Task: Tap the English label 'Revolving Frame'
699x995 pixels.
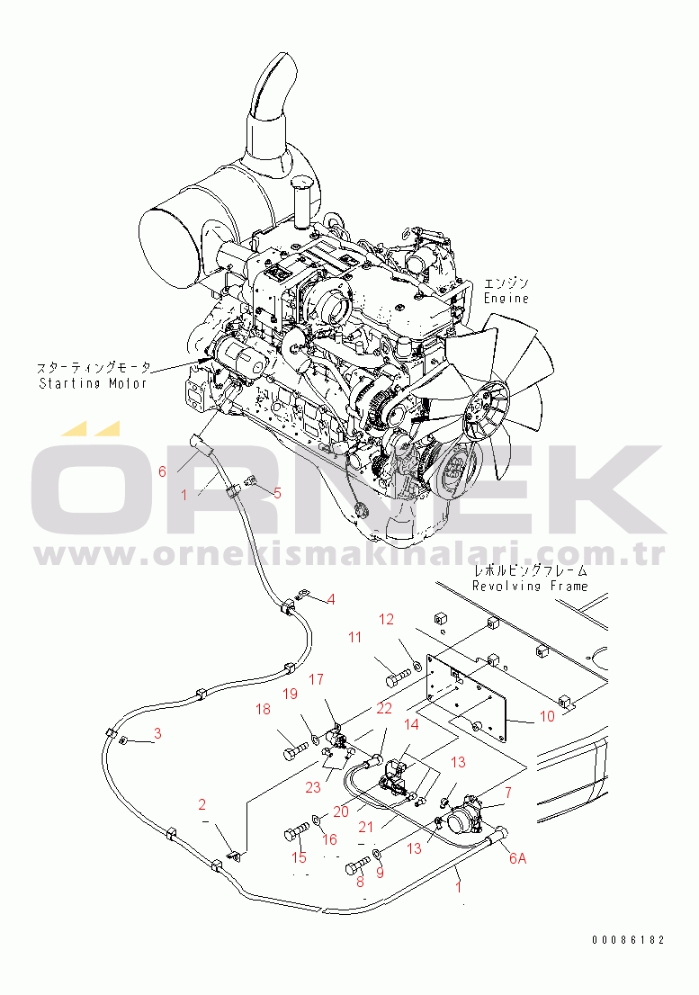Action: (530, 586)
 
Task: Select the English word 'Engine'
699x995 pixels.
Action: (506, 298)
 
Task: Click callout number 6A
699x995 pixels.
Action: (518, 857)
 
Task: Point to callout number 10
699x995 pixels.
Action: (547, 716)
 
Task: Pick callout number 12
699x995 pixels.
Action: (386, 619)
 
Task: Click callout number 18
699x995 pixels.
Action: (263, 710)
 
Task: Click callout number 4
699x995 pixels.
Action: (331, 598)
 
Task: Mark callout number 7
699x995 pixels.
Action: (508, 793)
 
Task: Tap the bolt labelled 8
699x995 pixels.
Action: (359, 867)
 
